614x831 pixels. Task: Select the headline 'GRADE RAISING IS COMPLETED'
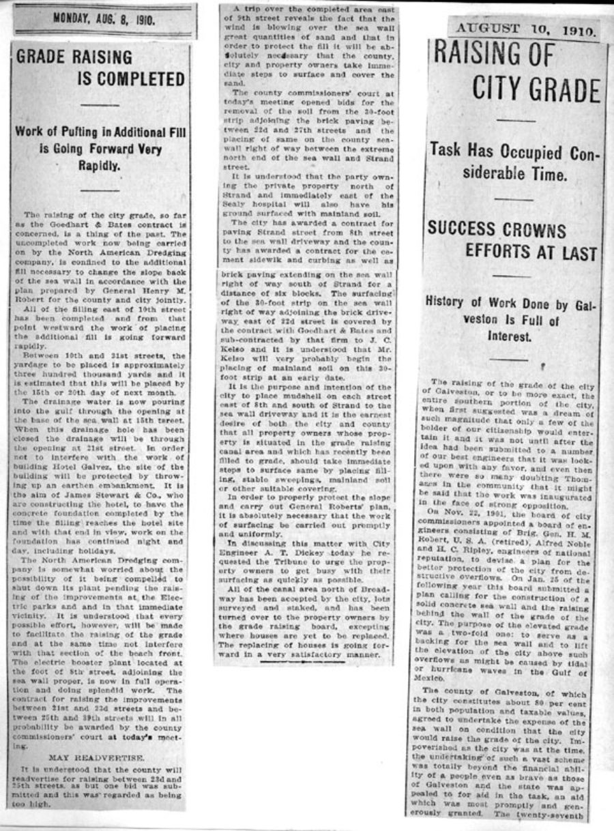pos(100,68)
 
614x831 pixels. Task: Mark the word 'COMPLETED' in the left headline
pos(131,80)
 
